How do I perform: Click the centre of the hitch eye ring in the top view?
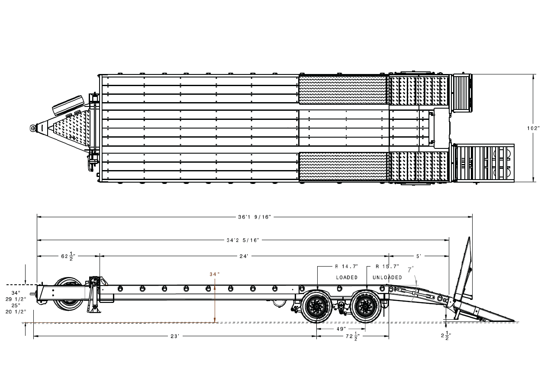32,128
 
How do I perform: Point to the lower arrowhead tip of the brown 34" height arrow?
215,322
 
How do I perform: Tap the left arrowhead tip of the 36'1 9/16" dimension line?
37,217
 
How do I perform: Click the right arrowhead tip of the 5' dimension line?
449,256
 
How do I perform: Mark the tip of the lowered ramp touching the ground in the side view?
515,321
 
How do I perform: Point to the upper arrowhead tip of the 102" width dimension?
533,74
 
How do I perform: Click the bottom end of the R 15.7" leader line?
367,289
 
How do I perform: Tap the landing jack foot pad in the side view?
95,310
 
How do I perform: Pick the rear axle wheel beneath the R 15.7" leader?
365,306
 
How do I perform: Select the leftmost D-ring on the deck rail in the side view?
120,288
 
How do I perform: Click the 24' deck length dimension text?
244,256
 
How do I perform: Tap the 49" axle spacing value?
341,329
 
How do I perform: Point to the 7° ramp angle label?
411,270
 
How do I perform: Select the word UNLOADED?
387,277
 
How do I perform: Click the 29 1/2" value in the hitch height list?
16,299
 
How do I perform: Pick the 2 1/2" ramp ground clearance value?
446,336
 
